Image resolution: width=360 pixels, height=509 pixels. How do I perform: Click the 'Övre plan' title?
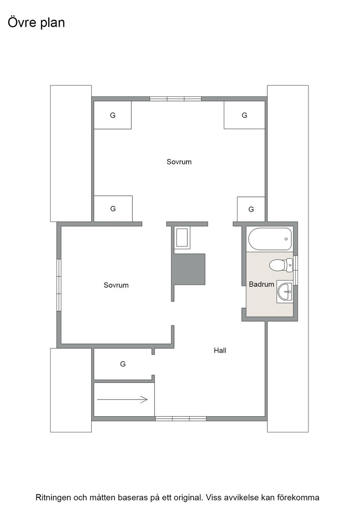(36, 23)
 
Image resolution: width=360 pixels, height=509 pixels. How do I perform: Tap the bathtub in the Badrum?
(270, 239)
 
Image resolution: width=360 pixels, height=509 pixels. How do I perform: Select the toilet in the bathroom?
(281, 265)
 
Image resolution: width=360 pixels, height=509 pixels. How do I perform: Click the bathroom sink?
(285, 291)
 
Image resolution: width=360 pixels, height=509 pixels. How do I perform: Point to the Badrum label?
(261, 284)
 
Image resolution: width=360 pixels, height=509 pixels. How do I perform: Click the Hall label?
(220, 350)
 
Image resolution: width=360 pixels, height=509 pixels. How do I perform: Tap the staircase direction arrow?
(122, 399)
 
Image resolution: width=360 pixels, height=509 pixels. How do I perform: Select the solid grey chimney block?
(189, 269)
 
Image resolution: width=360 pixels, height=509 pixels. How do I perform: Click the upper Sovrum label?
(179, 162)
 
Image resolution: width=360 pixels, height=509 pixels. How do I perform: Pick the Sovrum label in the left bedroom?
(116, 285)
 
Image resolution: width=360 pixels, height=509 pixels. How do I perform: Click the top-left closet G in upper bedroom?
(113, 115)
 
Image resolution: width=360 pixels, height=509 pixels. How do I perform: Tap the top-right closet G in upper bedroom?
(245, 115)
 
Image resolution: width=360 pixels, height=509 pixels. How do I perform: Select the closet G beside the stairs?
(123, 364)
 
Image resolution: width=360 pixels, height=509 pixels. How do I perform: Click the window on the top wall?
(175, 99)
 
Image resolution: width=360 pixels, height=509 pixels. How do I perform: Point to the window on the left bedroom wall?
(59, 285)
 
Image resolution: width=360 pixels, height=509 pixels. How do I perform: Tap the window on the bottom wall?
(181, 419)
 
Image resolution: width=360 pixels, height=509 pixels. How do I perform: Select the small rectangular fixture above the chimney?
(182, 238)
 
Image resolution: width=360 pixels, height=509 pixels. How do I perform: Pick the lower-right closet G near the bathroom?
(251, 209)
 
